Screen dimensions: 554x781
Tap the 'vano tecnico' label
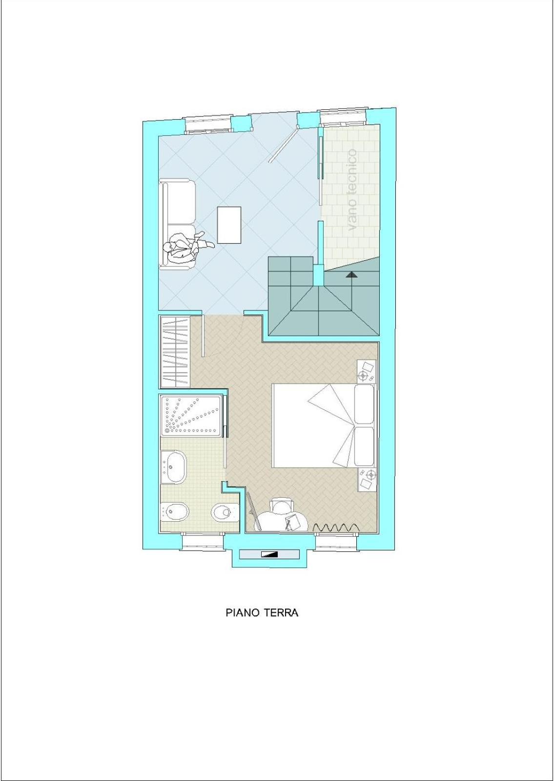pos(352,190)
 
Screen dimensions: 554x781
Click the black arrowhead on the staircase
pos(352,274)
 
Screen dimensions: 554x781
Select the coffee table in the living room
pos(229,225)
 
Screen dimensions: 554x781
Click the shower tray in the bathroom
pos(191,416)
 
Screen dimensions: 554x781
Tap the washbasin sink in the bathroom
pos(174,467)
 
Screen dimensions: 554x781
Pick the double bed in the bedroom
pos(323,426)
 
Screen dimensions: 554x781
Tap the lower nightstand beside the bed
pos(367,480)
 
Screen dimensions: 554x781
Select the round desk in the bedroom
pos(283,522)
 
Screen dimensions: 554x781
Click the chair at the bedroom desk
pos(283,505)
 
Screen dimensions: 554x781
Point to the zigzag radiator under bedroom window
pos(336,527)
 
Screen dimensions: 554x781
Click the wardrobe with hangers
pos(175,351)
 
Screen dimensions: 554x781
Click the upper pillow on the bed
pos(364,404)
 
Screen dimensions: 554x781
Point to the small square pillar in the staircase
pos(318,275)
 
